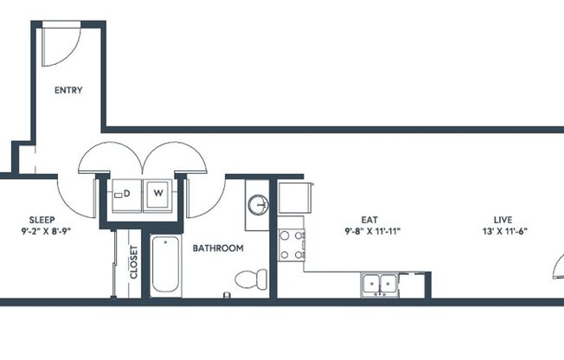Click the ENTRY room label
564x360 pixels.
68,90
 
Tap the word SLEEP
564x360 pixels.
42,220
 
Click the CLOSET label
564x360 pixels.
134,261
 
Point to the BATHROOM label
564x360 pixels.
218,248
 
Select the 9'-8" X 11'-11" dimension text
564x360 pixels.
372,231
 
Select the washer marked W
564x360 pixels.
158,194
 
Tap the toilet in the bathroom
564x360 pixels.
250,280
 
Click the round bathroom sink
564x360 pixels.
257,205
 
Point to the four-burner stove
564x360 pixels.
291,243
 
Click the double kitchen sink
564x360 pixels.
380,283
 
